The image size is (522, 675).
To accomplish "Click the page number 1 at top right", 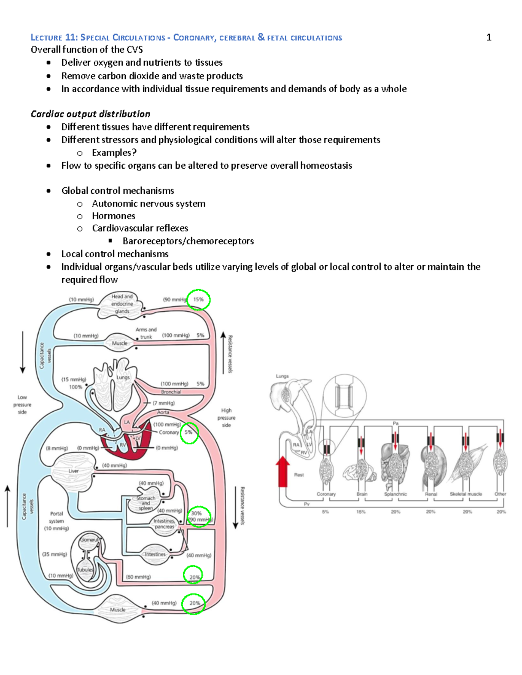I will click(x=489, y=37).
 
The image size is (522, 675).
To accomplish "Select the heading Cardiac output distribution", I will click(x=90, y=114).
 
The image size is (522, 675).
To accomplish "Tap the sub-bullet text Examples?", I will click(x=114, y=153).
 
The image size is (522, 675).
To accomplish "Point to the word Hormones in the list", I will click(x=114, y=216).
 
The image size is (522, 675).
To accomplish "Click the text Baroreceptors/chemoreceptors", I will click(x=188, y=241).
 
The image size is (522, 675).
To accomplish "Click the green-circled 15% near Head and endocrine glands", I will click(x=198, y=299).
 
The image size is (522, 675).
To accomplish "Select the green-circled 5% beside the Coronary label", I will click(x=189, y=432).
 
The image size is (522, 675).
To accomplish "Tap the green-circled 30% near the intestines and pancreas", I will click(x=197, y=513).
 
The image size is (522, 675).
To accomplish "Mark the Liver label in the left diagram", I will click(x=74, y=471).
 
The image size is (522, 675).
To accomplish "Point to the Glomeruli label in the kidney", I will click(x=89, y=540).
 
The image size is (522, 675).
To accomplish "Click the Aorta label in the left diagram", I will click(x=163, y=412).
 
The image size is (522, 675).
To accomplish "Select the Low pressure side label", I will click(x=22, y=404).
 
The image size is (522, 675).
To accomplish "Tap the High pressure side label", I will click(x=226, y=418).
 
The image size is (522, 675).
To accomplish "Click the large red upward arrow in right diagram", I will click(x=283, y=471).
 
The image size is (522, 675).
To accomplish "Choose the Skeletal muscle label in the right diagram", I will click(x=465, y=494).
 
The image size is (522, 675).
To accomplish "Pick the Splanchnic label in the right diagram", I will click(x=395, y=494).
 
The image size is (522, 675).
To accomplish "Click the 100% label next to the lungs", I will click(x=76, y=387).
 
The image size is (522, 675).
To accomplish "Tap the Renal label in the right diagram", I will click(x=431, y=494).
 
